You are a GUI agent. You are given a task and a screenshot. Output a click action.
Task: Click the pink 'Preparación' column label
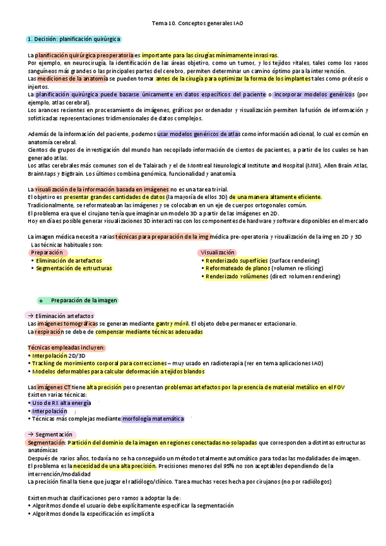[x=46, y=253]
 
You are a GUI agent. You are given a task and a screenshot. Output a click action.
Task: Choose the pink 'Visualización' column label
[x=218, y=253]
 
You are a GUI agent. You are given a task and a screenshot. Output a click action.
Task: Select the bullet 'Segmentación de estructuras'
[x=73, y=268]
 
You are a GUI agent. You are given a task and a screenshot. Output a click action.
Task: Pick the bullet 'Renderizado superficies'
[x=236, y=261]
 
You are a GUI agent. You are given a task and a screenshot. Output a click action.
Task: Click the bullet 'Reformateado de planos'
[x=236, y=268]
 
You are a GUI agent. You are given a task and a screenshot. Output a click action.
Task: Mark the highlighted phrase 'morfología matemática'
[x=152, y=419]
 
